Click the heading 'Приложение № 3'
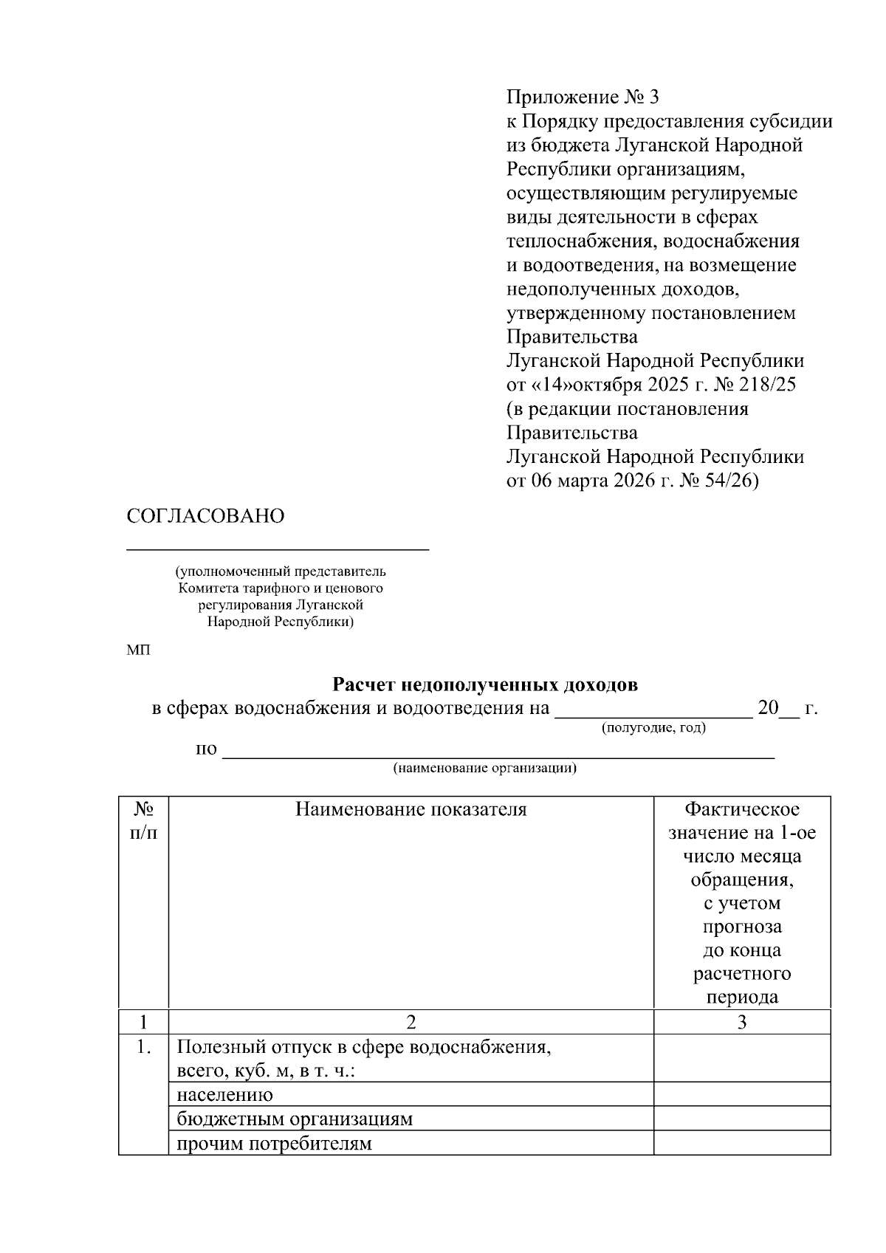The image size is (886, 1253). (x=582, y=97)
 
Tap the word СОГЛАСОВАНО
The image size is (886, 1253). (x=205, y=516)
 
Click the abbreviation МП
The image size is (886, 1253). (x=138, y=650)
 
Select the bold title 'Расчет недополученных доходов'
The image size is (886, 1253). (x=485, y=685)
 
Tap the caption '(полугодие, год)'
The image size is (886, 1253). (x=654, y=728)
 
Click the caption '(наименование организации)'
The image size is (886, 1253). (x=484, y=768)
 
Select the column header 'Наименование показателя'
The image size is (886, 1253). (x=411, y=809)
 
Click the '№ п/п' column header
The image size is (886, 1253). (x=143, y=820)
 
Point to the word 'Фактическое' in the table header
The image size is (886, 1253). (x=742, y=809)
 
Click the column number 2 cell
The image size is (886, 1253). (x=411, y=1022)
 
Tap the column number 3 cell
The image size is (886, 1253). (x=742, y=1022)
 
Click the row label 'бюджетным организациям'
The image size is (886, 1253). (x=295, y=1119)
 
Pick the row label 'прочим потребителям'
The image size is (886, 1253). (x=274, y=1144)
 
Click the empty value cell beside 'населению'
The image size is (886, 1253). (x=742, y=1094)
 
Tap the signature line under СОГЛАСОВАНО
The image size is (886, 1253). (x=278, y=549)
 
